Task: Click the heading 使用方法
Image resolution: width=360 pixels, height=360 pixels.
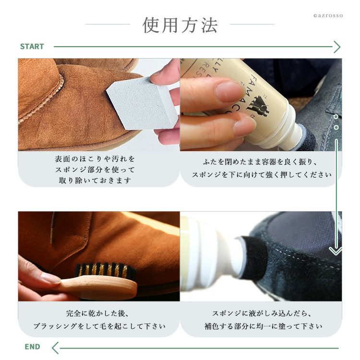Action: pos(180,25)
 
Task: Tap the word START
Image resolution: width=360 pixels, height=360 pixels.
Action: pos(32,47)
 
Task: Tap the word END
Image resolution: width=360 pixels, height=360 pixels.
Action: pos(32,347)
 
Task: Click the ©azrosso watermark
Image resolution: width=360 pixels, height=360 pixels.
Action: pos(328,16)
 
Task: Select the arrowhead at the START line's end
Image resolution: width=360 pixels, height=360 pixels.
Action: pos(337,47)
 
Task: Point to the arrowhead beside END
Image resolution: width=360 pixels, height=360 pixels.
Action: pos(55,348)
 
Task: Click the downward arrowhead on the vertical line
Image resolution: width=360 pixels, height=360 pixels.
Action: pos(336,251)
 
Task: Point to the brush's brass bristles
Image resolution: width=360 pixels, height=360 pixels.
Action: pos(105,270)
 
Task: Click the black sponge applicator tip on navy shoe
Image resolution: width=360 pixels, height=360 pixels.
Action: pos(252,257)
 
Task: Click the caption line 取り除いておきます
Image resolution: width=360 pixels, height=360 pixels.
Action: pos(95,180)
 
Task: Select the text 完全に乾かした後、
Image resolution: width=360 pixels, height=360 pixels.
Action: pos(97,313)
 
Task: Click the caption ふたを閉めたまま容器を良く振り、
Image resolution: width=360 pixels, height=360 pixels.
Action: pos(260,162)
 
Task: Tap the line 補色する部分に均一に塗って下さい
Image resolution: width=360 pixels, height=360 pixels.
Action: pos(264,326)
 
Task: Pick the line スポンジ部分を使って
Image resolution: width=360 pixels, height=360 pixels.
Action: pos(95,169)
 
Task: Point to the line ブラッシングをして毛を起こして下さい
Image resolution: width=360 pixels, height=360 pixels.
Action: pos(99,326)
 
